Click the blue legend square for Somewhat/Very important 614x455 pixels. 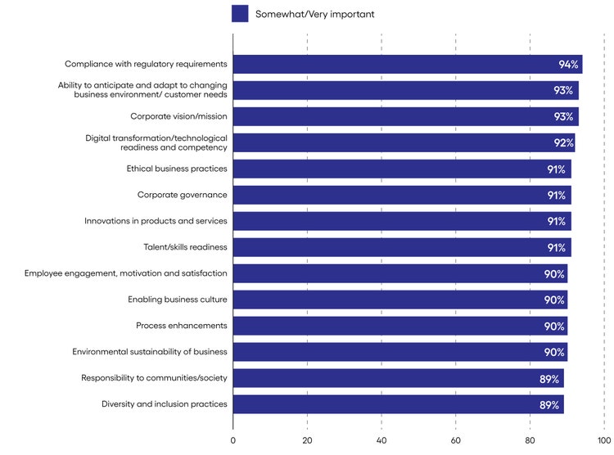click(x=240, y=14)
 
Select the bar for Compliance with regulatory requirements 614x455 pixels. click(x=408, y=65)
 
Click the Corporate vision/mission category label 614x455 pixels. click(x=178, y=117)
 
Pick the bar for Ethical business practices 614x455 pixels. click(x=402, y=169)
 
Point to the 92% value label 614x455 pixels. click(x=563, y=143)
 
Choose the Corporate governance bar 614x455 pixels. click(x=402, y=196)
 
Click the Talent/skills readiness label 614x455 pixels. click(x=185, y=247)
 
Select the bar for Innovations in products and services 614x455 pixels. click(x=402, y=221)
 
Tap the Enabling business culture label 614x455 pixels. click(x=178, y=300)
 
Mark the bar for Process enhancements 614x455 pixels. click(x=400, y=326)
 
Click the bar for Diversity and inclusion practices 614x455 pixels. click(x=399, y=404)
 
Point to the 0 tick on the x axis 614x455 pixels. click(x=233, y=440)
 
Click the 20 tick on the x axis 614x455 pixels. click(x=307, y=440)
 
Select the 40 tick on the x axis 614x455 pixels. click(x=381, y=440)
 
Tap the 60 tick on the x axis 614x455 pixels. click(x=456, y=440)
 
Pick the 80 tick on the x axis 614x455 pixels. click(x=530, y=440)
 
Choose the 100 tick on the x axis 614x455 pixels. click(x=603, y=440)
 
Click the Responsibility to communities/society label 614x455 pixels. click(x=154, y=378)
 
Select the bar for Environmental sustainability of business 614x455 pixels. click(x=400, y=352)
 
